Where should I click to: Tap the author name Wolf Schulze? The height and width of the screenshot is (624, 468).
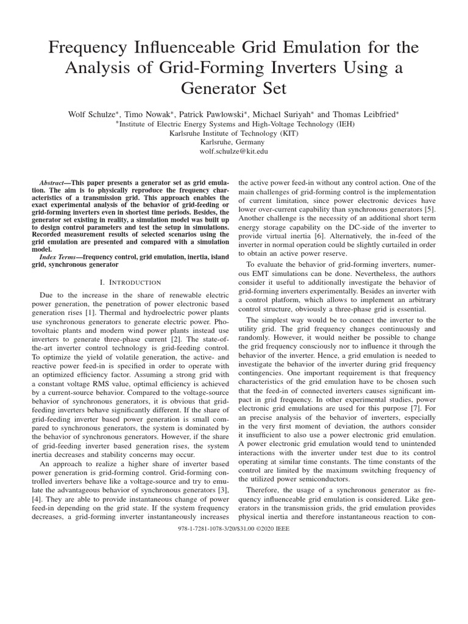93,114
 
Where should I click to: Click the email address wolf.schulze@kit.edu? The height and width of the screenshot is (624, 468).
234,151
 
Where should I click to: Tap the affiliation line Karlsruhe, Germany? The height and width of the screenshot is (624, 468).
234,141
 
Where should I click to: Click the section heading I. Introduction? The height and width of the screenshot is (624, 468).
130,282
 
